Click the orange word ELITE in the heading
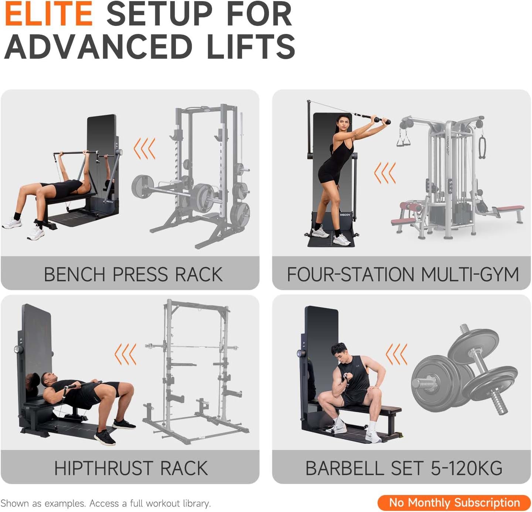click(49, 14)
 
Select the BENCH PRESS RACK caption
click(133, 274)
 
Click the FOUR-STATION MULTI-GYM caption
click(403, 274)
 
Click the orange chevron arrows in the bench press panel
click(144, 148)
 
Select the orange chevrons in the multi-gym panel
click(385, 173)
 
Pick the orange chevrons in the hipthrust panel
click(126, 354)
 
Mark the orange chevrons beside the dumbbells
click(396, 354)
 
